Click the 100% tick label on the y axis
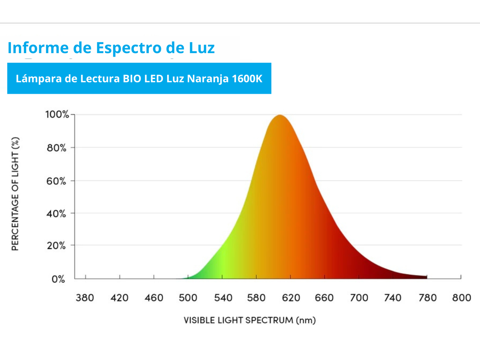pyautogui.click(x=57, y=115)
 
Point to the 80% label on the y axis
pyautogui.click(x=56, y=148)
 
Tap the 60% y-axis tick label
pyautogui.click(x=56, y=181)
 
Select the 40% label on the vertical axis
pyautogui.click(x=56, y=214)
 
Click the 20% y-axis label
pyautogui.click(x=56, y=246)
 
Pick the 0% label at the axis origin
pyautogui.click(x=58, y=279)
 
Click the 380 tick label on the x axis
pyautogui.click(x=85, y=298)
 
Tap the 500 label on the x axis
pyautogui.click(x=188, y=298)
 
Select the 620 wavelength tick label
pyautogui.click(x=291, y=298)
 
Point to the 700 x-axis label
pyautogui.click(x=359, y=298)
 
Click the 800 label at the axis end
pyautogui.click(x=461, y=298)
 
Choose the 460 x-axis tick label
pyautogui.click(x=154, y=298)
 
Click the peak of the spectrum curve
pyautogui.click(x=280, y=115)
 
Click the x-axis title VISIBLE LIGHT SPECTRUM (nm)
pyautogui.click(x=249, y=320)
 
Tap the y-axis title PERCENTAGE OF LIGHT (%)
pyautogui.click(x=15, y=194)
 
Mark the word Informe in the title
pyautogui.click(x=38, y=47)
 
